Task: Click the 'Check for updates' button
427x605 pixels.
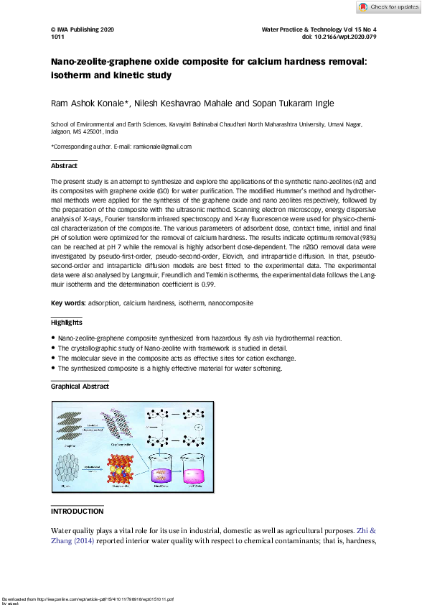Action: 388,7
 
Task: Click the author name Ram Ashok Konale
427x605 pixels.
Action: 88,104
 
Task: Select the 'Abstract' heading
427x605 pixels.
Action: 64,166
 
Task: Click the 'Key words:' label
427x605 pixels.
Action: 68,303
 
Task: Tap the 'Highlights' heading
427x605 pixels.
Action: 66,323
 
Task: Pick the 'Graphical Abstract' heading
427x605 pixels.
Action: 80,387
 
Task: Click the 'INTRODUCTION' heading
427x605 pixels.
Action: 77,512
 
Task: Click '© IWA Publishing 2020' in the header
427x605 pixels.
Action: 83,29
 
